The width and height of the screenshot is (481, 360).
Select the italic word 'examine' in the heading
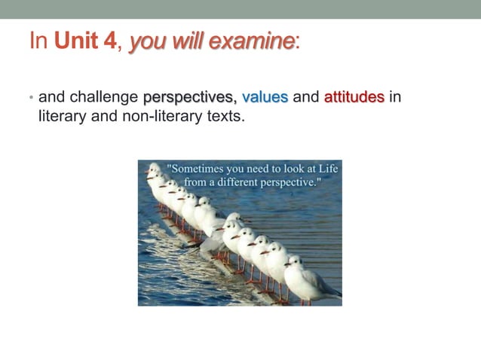pos(259,41)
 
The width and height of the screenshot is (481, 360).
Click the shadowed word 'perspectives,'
pos(190,97)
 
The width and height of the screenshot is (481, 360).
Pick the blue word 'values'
pos(265,97)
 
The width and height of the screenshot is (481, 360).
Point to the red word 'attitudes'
pos(354,97)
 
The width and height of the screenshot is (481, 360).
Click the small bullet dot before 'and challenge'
pos(31,98)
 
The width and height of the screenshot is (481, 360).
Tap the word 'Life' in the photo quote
pos(326,169)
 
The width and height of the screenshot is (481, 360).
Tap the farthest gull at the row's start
pos(154,171)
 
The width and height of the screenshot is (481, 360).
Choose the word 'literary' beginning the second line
pos(63,117)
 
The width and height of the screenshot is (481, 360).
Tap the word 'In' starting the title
pos(38,41)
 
